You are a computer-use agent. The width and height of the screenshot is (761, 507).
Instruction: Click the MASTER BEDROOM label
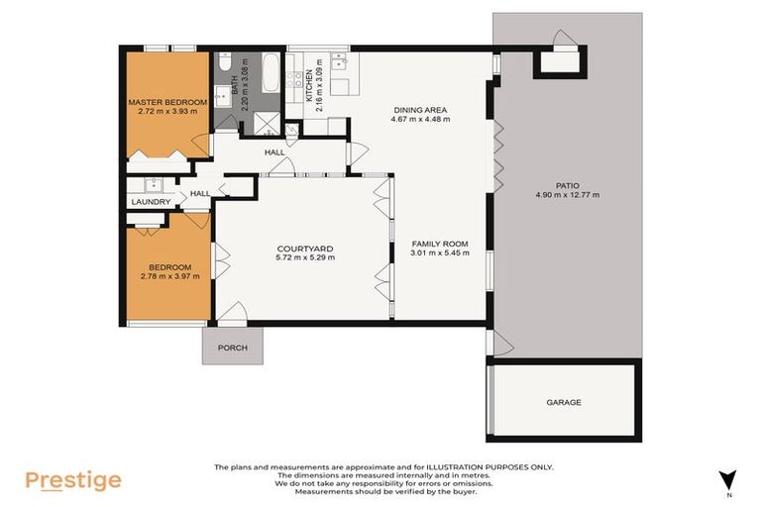click(166, 102)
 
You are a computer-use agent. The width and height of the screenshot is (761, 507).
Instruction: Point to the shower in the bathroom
click(267, 123)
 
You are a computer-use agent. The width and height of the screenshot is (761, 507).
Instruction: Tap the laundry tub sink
click(153, 184)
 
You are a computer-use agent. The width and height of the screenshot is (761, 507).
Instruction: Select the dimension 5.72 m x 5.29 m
click(305, 258)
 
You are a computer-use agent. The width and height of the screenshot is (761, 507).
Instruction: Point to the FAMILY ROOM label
click(439, 244)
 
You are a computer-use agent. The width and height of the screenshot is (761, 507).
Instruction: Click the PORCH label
click(233, 348)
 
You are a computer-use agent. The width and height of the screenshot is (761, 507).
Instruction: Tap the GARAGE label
click(563, 402)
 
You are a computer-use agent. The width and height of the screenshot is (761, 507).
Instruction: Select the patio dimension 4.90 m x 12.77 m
click(567, 195)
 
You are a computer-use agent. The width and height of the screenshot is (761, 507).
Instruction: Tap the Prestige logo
click(73, 481)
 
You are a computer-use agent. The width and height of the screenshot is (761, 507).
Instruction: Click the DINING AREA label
click(422, 110)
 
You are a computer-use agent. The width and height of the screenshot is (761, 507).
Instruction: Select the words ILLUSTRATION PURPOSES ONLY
click(494, 467)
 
